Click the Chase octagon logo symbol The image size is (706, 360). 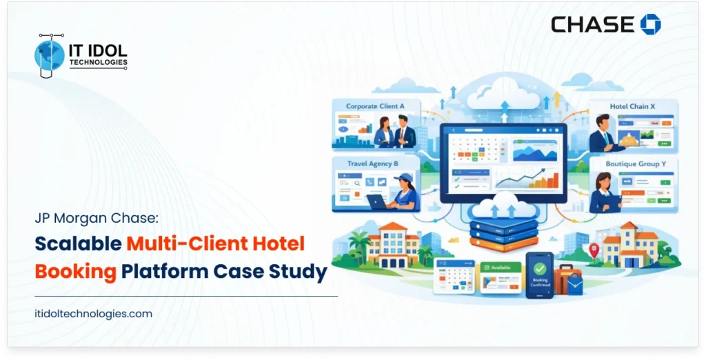[x=650, y=25]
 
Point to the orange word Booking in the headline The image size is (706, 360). [x=76, y=271]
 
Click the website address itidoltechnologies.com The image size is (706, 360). [x=94, y=313]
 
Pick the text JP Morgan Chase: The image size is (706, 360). [x=97, y=218]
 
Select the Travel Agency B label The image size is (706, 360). [x=372, y=164]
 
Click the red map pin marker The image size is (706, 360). [x=594, y=249]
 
